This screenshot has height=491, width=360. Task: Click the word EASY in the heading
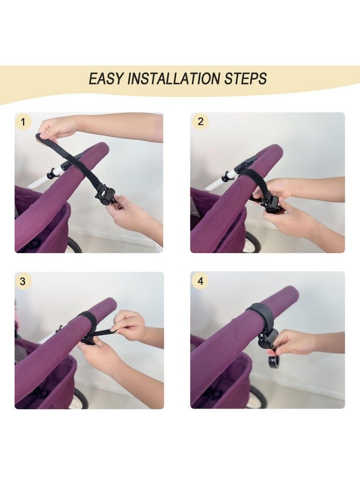click(x=106, y=78)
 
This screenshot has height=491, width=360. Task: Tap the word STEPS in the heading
click(x=245, y=78)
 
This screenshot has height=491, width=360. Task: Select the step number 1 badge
click(x=23, y=122)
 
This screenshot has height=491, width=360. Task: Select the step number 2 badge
click(x=200, y=121)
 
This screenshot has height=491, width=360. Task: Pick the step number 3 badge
click(x=22, y=281)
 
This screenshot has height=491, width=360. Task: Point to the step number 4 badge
click(x=200, y=280)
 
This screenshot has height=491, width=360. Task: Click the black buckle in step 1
click(x=103, y=196)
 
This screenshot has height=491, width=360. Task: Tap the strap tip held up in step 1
click(x=39, y=136)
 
